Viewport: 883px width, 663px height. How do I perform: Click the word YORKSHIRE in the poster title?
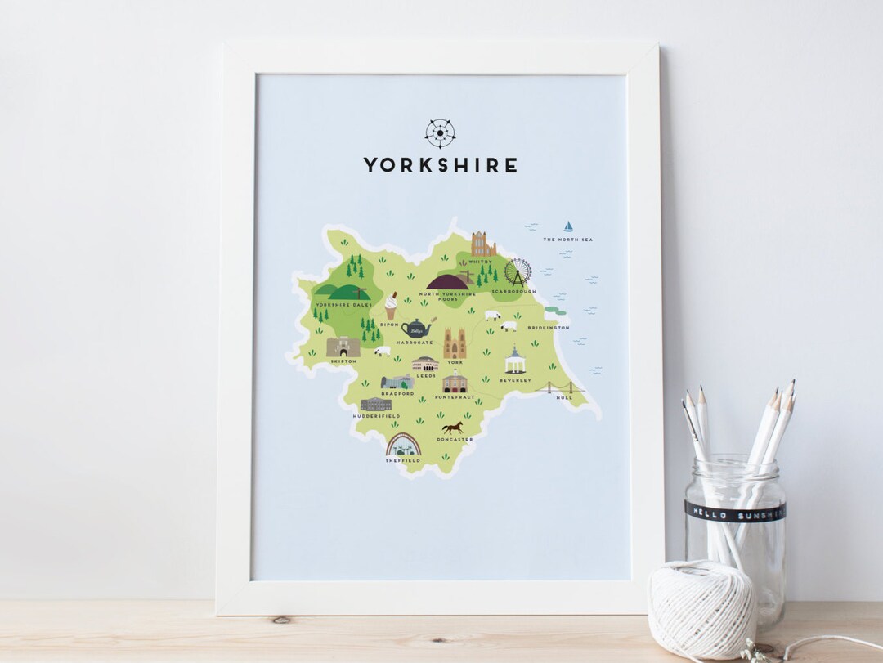coord(440,165)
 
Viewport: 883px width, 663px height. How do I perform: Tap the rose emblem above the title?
coord(440,133)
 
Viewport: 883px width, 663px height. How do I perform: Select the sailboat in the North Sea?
coord(567,226)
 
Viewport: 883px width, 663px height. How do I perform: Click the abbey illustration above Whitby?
coord(483,244)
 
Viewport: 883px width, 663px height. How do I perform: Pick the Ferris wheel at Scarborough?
coord(518,272)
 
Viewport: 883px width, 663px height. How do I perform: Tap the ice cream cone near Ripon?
coord(391,305)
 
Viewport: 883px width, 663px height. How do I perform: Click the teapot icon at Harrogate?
coord(416,328)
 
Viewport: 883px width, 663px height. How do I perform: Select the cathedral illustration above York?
coord(455,343)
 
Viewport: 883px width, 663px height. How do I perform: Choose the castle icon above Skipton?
coord(343,347)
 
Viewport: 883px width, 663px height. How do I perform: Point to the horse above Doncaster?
coord(453,428)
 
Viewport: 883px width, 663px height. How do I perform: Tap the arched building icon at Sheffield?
coord(403,445)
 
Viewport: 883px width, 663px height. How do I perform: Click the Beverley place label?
coord(515,380)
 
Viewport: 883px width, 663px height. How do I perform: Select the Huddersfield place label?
coord(376,416)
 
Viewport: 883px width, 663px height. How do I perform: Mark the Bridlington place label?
coord(548,328)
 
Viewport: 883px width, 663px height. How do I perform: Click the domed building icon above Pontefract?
coord(455,382)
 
